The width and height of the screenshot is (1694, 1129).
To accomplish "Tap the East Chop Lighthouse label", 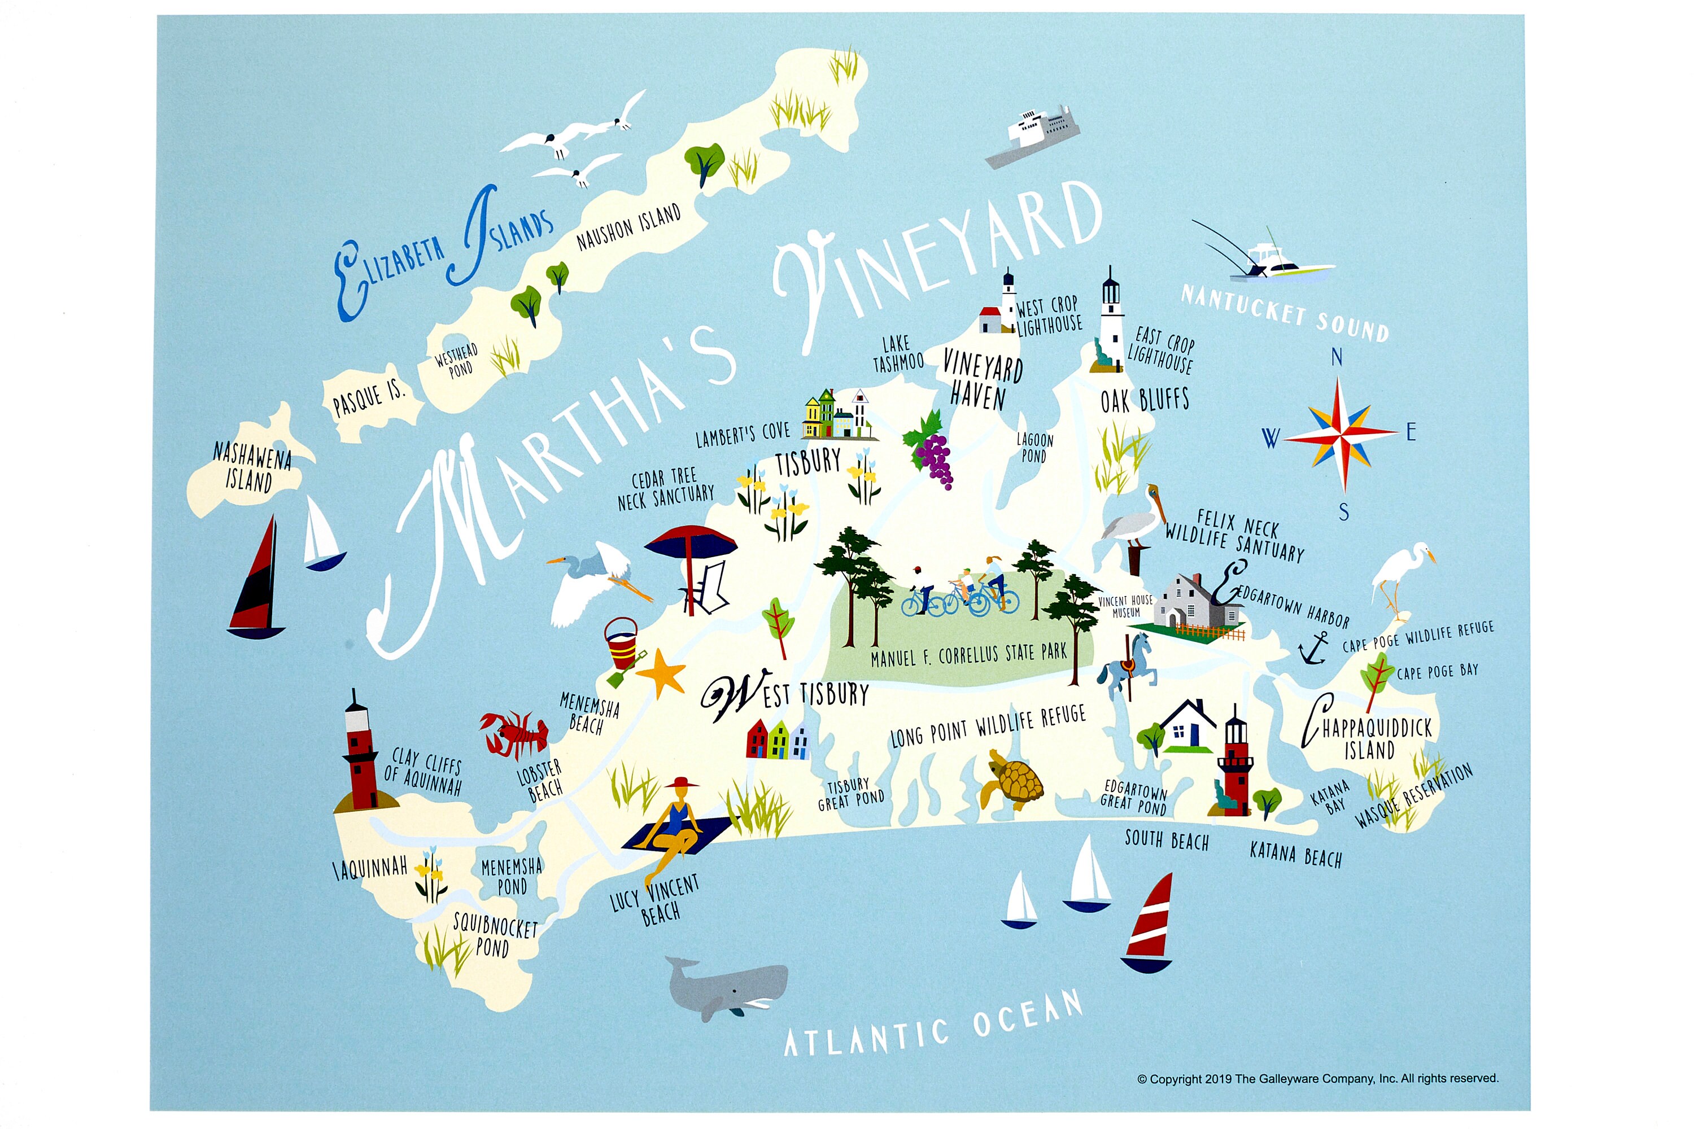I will [1161, 349].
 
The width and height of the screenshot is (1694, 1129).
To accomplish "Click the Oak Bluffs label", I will [1145, 400].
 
